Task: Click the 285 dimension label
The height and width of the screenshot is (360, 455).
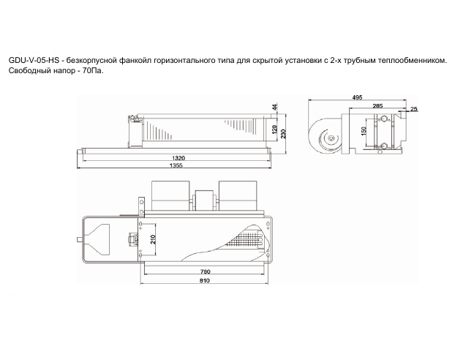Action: pos(376,107)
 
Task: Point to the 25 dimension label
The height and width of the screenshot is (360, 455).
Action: pos(414,109)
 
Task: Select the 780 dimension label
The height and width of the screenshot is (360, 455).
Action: pos(206,272)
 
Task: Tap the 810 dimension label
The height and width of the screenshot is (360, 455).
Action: pos(206,281)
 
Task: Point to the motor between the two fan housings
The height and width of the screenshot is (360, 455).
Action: pos(206,196)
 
